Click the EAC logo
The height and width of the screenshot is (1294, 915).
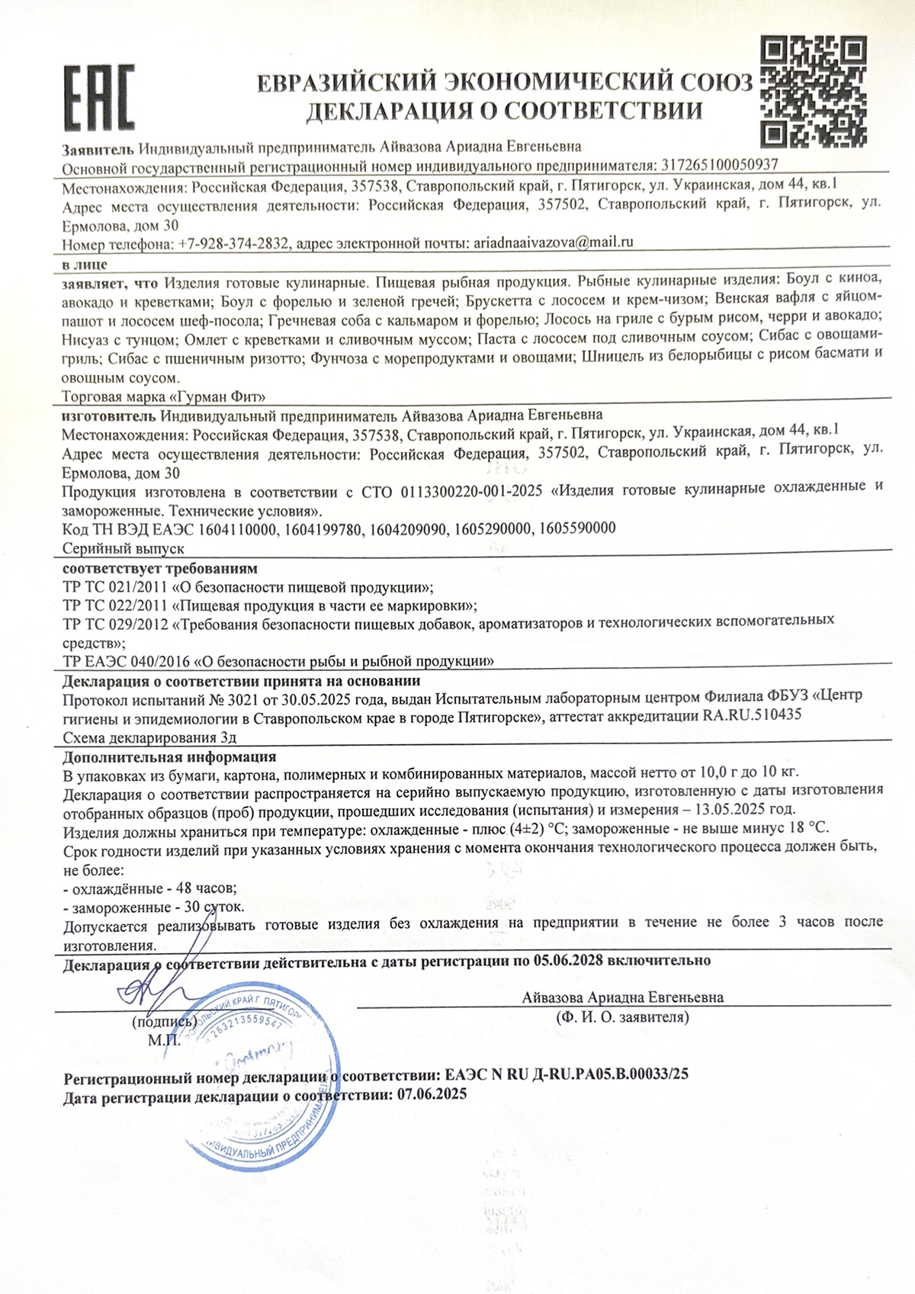[x=98, y=97]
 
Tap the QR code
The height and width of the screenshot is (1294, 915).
[x=814, y=93]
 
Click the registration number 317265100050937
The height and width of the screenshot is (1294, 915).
[x=718, y=165]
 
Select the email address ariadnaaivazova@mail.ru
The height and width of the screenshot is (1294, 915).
[x=554, y=243]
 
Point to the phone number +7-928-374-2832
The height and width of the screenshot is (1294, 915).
[x=233, y=244]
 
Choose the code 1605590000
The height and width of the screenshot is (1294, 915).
[x=577, y=528]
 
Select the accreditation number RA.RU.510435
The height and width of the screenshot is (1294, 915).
[x=752, y=715]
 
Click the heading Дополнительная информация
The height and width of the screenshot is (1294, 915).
[x=169, y=757]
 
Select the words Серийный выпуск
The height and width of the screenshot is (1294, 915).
[x=124, y=548]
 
